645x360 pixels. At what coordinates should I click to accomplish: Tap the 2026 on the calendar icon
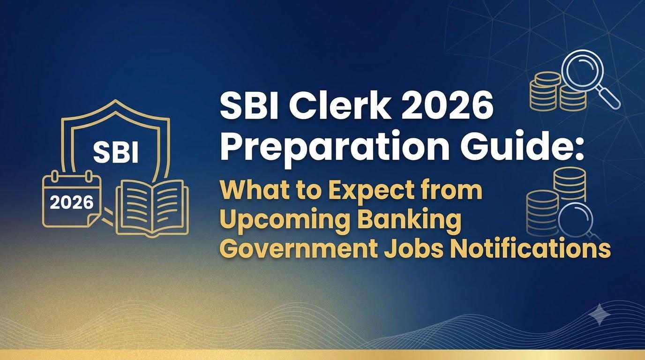click(x=72, y=203)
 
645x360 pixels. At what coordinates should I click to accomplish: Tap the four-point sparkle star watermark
click(x=600, y=315)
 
